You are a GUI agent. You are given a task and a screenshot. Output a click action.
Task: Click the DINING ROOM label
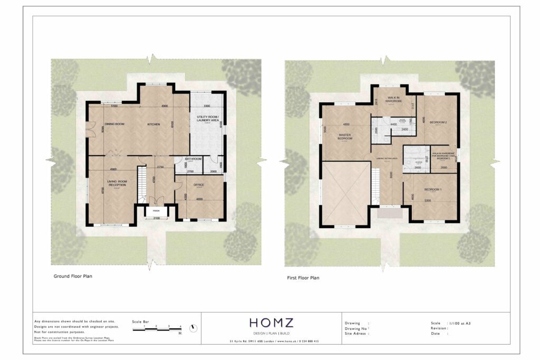(x=114, y=124)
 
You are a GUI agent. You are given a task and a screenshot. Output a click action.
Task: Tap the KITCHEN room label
(x=153, y=124)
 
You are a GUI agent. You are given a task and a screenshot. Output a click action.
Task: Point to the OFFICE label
(x=199, y=184)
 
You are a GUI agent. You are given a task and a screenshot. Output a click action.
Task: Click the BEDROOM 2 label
(x=438, y=122)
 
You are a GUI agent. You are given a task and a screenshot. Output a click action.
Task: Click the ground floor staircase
(x=141, y=184)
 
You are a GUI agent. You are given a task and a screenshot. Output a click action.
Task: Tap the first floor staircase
(x=375, y=187)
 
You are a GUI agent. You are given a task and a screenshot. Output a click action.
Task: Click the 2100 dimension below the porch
(x=157, y=218)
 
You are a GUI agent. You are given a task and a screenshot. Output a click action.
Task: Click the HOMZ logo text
(x=272, y=323)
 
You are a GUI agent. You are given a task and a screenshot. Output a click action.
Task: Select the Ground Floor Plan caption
(x=73, y=276)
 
